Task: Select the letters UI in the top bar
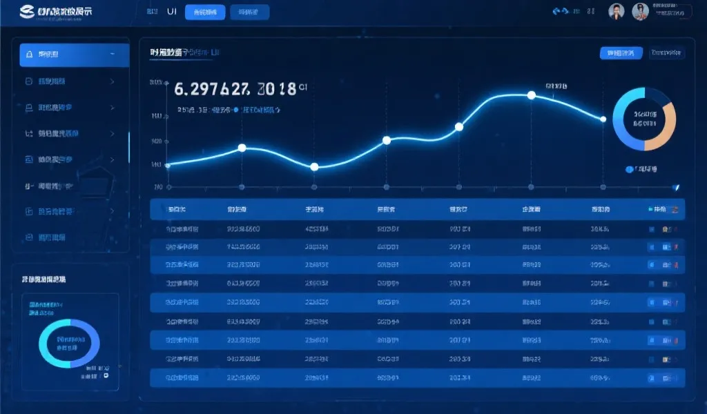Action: (172, 12)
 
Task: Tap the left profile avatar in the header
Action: (616, 12)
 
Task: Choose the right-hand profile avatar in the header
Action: (640, 12)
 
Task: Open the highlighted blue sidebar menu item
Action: (75, 55)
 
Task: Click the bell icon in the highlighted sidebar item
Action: (28, 55)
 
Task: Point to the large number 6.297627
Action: (211, 89)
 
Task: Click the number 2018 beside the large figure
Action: (276, 89)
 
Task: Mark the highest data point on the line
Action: (531, 95)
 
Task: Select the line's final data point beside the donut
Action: (603, 119)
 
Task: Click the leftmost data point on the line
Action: (168, 164)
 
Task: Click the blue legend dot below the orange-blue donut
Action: (628, 168)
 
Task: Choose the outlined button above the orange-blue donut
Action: (666, 52)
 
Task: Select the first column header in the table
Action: (176, 208)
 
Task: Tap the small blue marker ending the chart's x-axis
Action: (676, 186)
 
